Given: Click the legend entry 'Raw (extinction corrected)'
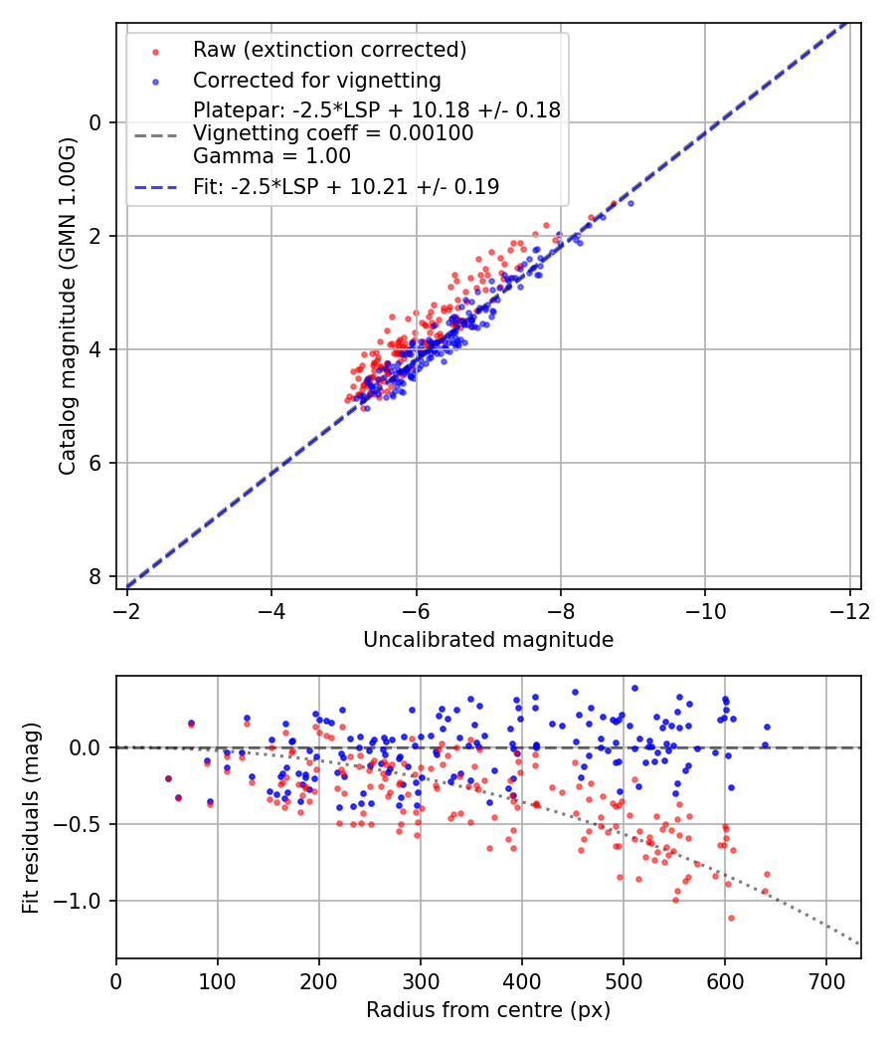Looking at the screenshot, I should pos(329,50).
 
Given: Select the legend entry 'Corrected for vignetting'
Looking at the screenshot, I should pos(316,80).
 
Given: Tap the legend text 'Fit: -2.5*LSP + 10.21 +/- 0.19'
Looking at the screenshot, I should pos(346,186).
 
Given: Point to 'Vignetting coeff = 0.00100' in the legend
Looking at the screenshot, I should pos(333,133).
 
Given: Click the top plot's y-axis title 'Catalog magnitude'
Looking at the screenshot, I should pos(68,306).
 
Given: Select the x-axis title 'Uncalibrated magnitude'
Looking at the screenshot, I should pos(488,639).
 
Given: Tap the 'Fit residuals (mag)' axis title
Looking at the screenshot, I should pos(31,817).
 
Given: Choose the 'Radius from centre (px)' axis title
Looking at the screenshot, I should pos(488,1010).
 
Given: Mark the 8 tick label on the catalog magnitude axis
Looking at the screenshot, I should pos(96,576).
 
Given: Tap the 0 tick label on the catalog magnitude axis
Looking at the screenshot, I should pos(96,122).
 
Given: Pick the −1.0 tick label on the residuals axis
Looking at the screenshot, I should pos(79,901).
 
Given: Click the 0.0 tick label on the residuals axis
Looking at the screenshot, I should pos(86,746).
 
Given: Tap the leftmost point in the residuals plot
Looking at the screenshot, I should pos(168,778).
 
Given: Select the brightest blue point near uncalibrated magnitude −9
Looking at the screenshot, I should pos(629,203).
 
